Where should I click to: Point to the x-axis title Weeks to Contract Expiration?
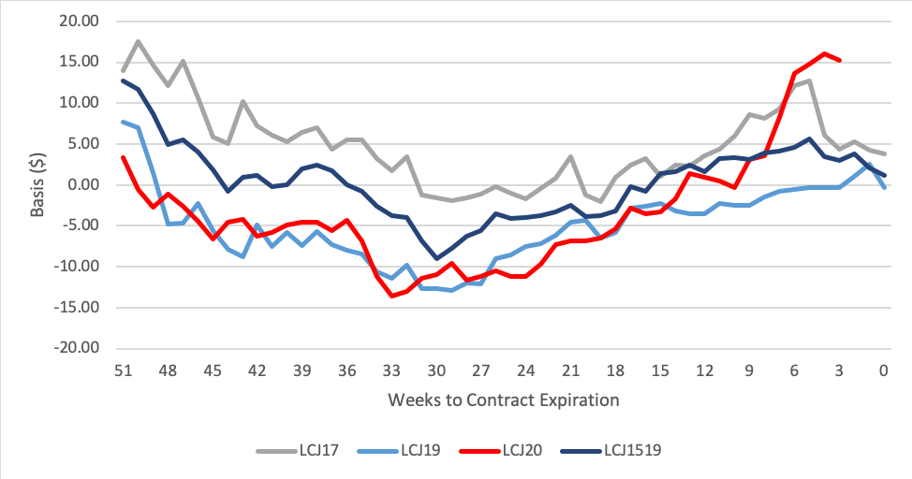point(503,400)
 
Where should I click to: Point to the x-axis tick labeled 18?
point(615,370)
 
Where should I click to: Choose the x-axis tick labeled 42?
point(257,370)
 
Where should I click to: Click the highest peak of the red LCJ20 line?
point(824,53)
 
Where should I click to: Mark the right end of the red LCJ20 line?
point(840,60)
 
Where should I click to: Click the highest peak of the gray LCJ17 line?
point(139,41)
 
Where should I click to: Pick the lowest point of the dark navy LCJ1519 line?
point(436,258)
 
